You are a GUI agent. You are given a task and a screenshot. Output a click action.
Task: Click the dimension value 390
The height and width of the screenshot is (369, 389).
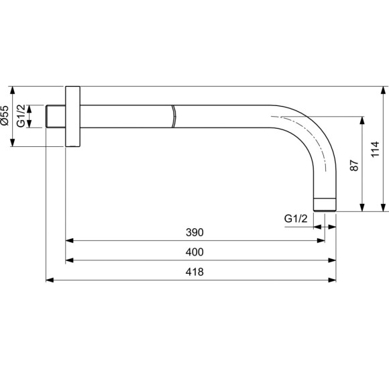coord(194,232)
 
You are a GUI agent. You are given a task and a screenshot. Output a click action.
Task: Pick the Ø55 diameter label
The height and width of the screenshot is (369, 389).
coord(5,116)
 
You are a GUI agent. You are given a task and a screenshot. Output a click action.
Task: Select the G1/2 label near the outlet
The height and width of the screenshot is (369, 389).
coord(296,219)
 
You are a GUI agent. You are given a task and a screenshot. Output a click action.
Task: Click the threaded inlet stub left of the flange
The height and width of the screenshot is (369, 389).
coord(55,116)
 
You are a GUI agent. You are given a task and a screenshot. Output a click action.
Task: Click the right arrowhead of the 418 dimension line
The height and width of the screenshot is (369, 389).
coord(333,280)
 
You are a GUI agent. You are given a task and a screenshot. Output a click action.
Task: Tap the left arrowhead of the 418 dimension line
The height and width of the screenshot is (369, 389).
coord(49,280)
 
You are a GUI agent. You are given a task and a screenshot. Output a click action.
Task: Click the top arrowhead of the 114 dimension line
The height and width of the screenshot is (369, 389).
coord(384,90)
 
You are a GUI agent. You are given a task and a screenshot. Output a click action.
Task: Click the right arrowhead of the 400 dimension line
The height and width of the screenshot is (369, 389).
coord(333,260)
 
